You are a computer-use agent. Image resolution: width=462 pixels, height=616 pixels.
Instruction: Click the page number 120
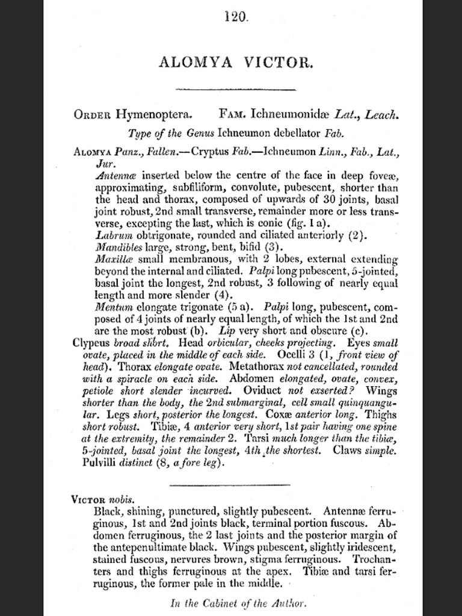(x=235, y=17)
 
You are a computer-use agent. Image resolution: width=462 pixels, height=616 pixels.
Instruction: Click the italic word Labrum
(x=111, y=235)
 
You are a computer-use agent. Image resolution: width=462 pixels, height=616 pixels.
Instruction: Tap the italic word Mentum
(x=112, y=307)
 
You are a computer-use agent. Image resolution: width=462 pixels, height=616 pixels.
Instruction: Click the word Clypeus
(x=92, y=343)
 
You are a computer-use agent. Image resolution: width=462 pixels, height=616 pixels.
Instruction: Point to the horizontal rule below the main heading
(x=235, y=90)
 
